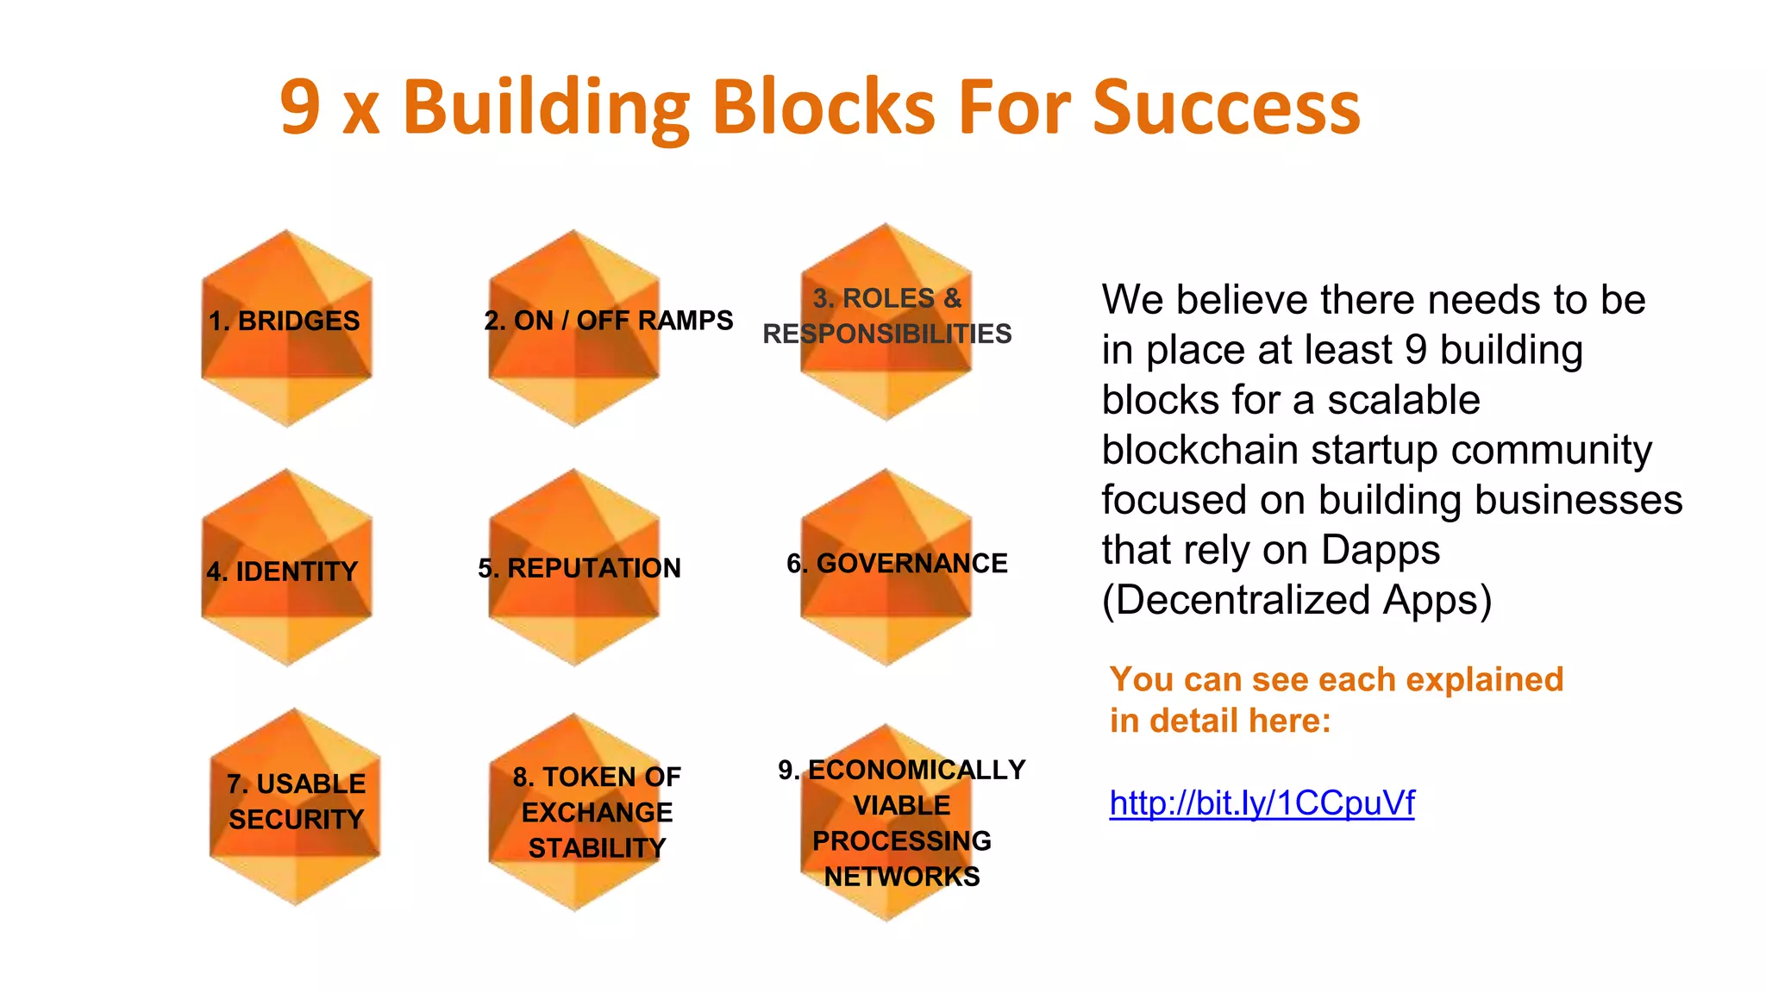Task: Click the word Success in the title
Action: point(1226,108)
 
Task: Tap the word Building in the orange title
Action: point(546,108)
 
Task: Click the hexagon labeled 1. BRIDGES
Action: point(286,328)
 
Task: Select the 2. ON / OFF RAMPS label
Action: point(608,321)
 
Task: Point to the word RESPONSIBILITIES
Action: point(886,334)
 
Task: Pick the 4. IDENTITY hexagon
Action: point(286,569)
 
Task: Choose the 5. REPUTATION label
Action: point(579,568)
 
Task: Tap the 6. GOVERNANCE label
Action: point(897,563)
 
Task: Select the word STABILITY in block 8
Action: point(597,848)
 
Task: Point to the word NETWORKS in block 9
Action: point(902,877)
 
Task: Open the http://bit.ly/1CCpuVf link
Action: point(1262,803)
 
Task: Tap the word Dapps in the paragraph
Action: point(1380,550)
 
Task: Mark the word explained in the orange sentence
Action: point(1484,679)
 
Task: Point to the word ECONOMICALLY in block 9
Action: point(917,770)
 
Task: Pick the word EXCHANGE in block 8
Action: point(597,812)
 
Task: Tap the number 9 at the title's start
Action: point(300,108)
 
